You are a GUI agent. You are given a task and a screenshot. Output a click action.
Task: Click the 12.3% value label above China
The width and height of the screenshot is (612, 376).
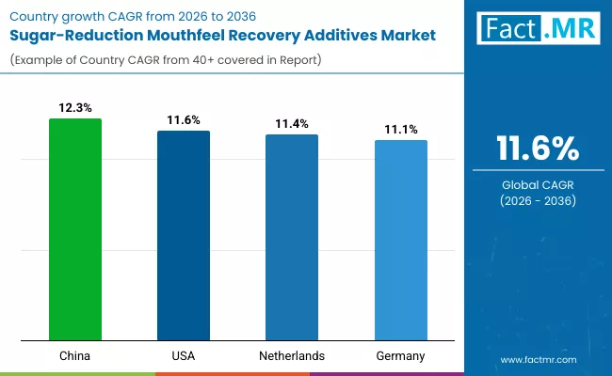click(75, 108)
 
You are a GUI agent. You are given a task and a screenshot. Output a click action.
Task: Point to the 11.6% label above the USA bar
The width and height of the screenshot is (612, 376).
click(184, 120)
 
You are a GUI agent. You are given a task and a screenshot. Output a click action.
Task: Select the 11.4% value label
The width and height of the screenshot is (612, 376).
click(292, 124)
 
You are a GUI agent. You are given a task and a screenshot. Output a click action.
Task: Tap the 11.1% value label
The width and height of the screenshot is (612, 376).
click(400, 130)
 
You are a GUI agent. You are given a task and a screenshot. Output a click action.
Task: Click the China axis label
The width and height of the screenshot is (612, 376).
click(75, 356)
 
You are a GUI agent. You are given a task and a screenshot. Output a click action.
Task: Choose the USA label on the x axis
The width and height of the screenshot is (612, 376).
click(184, 356)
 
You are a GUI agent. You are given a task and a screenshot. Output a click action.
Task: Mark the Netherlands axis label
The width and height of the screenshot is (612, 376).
click(292, 356)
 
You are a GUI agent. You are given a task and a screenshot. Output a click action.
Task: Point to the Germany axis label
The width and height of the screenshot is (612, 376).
click(400, 356)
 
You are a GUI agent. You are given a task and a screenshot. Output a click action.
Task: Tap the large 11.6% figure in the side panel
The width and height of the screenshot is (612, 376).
click(538, 149)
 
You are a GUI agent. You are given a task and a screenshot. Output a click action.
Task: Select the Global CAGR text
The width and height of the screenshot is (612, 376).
click(538, 185)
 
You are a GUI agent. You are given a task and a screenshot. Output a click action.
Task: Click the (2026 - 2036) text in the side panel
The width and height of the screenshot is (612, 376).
click(538, 202)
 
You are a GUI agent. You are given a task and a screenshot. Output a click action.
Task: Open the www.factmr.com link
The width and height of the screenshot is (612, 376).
click(538, 359)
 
